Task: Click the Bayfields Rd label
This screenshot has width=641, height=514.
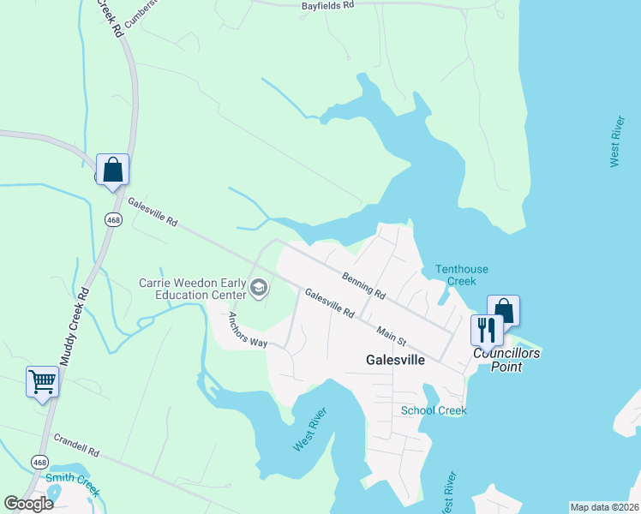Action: coord(327,5)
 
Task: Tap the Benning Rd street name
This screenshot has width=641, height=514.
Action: coord(362,284)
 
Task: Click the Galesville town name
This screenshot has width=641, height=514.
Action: coord(395,360)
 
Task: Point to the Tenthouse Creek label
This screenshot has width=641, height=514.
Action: coord(461,275)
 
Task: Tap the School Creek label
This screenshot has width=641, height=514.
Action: coord(434,410)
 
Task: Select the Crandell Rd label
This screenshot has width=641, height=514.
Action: coord(77,445)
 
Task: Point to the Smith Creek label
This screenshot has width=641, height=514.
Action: coord(73,485)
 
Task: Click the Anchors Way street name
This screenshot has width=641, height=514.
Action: coord(248,330)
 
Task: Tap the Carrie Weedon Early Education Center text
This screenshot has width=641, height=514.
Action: coord(193,289)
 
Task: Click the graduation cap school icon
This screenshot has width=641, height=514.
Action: coord(258,289)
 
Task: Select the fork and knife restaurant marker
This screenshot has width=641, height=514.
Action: coord(487,330)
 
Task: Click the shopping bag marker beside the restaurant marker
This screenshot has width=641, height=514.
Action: coord(504,309)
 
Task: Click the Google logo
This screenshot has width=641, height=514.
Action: coord(29,504)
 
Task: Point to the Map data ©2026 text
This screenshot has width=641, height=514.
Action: coord(605,507)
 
